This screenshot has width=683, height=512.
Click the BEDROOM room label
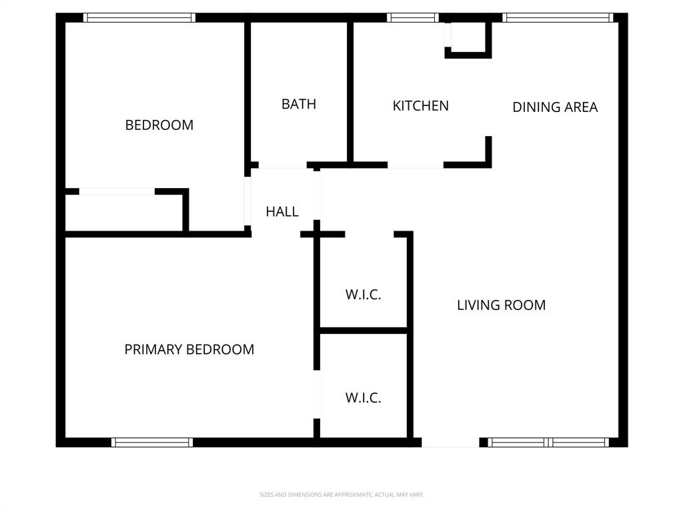[159, 125]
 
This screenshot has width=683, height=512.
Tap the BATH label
[298, 104]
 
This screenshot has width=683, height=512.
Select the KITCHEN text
[420, 105]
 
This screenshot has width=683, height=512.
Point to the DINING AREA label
[555, 107]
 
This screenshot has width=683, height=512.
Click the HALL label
[282, 211]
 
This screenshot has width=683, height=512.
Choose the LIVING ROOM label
[501, 305]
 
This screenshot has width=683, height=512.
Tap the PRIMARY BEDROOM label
[189, 349]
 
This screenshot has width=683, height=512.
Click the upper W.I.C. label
[363, 295]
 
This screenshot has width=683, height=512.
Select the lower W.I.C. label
[363, 398]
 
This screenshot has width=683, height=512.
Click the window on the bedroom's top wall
[139, 18]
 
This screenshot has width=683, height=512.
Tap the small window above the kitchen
[413, 18]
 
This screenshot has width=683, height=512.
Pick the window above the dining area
[558, 18]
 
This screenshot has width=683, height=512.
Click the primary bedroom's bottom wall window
[152, 442]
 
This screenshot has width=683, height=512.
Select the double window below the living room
[548, 442]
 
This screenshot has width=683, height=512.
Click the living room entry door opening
[450, 442]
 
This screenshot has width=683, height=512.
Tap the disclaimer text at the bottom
[341, 495]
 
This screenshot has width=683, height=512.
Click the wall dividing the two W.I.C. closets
[364, 330]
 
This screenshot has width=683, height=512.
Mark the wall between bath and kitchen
[350, 93]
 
